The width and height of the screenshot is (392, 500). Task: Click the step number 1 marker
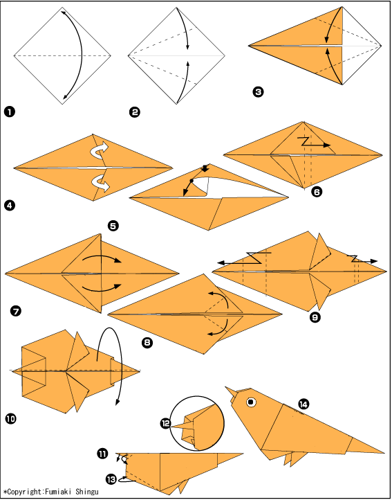(x=10, y=112)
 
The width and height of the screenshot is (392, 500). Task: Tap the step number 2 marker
(x=134, y=112)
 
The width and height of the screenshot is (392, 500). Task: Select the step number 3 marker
(x=258, y=92)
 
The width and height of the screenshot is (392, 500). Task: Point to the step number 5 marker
(x=113, y=226)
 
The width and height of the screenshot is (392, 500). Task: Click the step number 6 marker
(x=317, y=192)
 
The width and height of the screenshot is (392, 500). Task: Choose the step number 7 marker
(x=16, y=310)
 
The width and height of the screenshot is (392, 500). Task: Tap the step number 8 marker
(x=147, y=343)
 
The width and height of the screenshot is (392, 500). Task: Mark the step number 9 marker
(x=315, y=317)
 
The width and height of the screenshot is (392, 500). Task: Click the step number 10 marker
(x=10, y=418)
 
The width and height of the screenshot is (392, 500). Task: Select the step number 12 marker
(x=166, y=424)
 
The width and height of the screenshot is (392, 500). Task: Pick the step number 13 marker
(x=111, y=479)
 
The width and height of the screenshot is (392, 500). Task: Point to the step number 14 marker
(x=304, y=404)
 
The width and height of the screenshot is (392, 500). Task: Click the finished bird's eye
(x=251, y=402)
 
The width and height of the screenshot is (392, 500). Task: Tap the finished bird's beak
(x=231, y=393)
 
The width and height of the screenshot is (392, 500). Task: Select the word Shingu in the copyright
(x=87, y=492)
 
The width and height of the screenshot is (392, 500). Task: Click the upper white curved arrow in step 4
(x=100, y=149)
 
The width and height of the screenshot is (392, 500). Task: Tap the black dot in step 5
(x=192, y=181)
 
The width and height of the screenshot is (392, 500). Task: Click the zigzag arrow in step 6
(x=315, y=142)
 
